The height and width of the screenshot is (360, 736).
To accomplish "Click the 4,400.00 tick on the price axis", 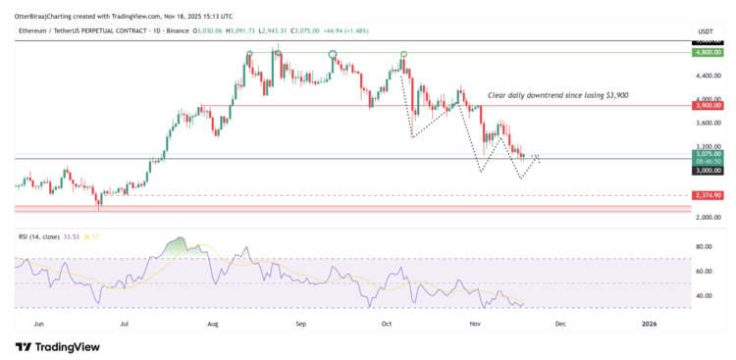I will pos(709,76).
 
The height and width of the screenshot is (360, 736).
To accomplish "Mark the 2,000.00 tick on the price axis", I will pos(709,218).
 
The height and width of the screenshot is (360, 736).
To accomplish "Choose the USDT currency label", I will pos(705,32).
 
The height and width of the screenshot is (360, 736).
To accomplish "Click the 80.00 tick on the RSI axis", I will pos(704,247).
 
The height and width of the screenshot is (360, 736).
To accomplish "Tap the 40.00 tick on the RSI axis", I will pos(704,295).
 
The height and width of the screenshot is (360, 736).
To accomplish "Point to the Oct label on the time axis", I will pos(388,322).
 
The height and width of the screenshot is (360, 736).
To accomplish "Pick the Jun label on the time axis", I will pos(39,322).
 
